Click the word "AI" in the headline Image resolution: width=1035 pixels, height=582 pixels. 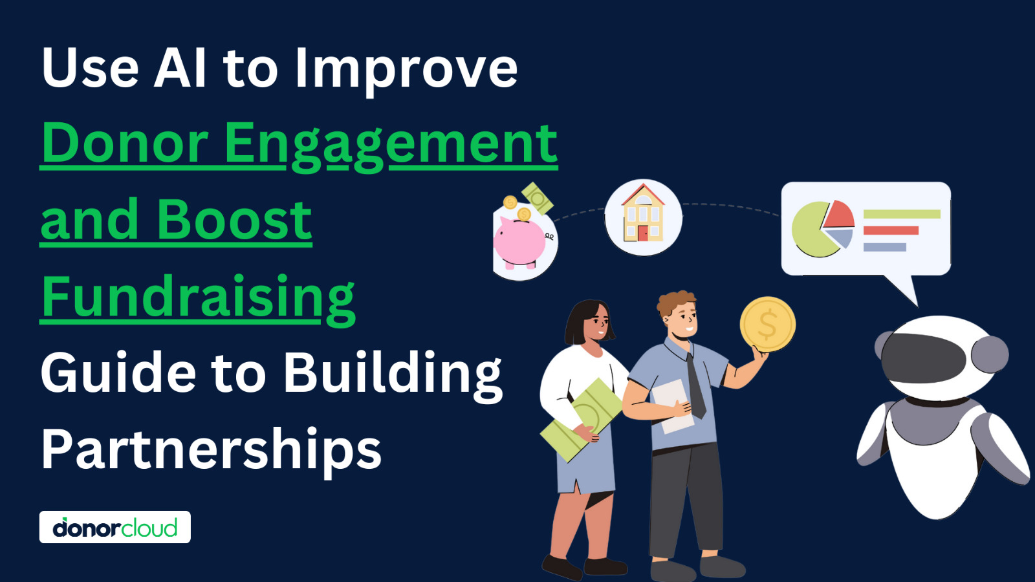(x=180, y=68)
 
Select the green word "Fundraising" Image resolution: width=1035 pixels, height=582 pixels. (x=198, y=298)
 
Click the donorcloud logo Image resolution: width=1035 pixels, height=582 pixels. (x=115, y=527)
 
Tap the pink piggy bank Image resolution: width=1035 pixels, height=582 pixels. (x=521, y=242)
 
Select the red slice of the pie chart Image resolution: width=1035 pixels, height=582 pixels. (x=838, y=214)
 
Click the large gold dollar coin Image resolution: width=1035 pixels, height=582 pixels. (x=767, y=324)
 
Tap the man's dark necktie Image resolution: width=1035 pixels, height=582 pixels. (x=695, y=386)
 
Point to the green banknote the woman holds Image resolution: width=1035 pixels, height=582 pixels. (x=582, y=420)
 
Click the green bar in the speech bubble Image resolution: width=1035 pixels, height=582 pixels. (x=902, y=214)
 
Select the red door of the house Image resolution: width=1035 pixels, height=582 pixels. (x=643, y=233)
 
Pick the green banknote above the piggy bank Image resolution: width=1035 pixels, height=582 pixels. (x=538, y=198)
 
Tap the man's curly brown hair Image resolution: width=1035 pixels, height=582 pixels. (x=675, y=303)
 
